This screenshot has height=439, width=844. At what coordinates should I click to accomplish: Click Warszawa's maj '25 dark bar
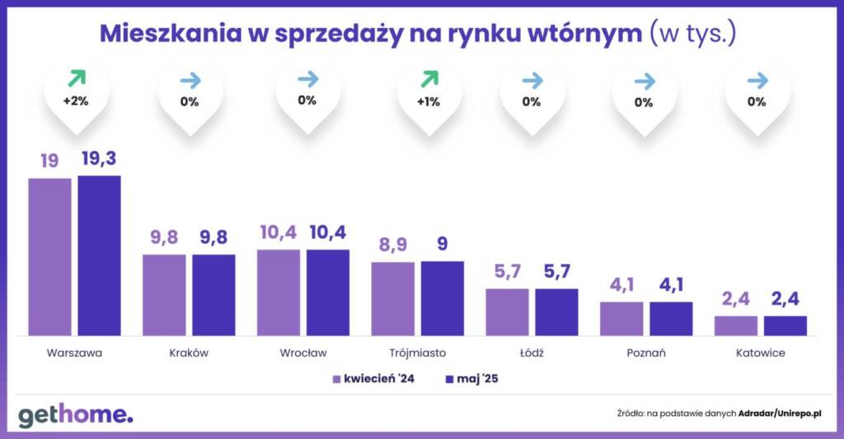pos(100,255)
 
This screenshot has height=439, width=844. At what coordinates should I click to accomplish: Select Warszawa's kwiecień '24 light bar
pos(49,257)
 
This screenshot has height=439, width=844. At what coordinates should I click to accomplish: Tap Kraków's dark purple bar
pos(213,295)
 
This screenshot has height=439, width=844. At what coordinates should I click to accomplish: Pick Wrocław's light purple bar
pos(279,292)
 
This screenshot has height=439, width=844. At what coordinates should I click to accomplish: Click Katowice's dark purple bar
pos(785,325)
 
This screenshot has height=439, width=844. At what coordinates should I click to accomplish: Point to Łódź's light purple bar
pos(507,312)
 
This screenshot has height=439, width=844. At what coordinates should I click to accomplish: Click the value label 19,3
pos(100,159)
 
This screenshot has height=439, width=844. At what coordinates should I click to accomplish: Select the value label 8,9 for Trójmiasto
pos(392,246)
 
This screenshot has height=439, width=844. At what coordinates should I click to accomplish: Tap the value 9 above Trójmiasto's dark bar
pos(443,246)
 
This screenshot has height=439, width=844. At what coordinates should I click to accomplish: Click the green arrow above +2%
pos(76,79)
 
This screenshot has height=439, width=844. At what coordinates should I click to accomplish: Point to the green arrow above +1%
pos(429,79)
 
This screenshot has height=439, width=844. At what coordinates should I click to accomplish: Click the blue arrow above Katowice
pos(757,80)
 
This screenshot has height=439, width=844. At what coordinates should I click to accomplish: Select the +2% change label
pos(76,102)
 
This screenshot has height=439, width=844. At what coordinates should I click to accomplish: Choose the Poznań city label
pos(645,353)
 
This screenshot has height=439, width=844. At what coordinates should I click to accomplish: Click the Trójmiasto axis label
pos(417,353)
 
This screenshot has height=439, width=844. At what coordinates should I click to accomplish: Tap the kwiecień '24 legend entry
pos(376,380)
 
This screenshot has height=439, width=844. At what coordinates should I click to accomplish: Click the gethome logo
pos(75,413)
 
